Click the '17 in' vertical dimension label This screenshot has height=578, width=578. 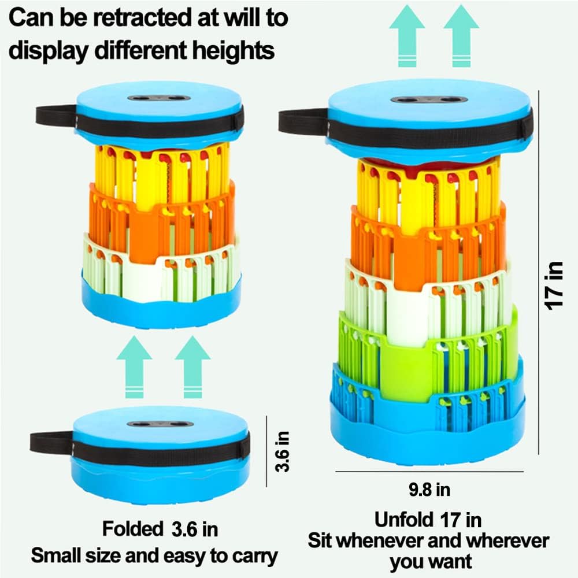tap(555, 285)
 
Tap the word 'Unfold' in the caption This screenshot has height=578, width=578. tap(402, 519)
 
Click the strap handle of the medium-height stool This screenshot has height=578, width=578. tap(55, 116)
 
